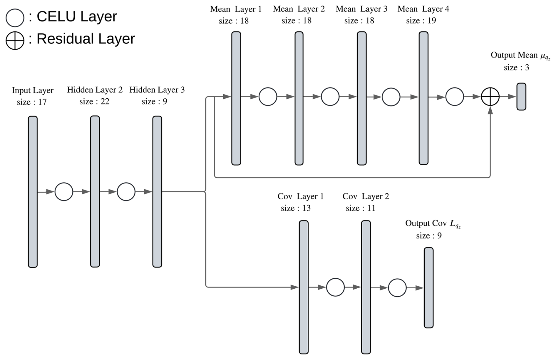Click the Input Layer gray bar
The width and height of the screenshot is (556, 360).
point(33,191)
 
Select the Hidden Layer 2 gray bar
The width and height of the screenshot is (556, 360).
point(95,191)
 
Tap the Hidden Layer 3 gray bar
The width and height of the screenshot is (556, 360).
point(157,191)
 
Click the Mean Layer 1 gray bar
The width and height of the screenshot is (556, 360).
point(236,98)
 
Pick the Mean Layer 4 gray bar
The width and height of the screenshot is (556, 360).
point(423,98)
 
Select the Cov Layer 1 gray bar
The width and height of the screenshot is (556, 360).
point(304,287)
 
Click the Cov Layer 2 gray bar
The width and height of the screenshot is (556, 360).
point(366,287)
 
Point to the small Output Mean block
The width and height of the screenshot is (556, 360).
point(521,97)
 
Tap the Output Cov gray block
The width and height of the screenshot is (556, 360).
point(428,287)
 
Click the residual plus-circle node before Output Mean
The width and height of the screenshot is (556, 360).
point(490,97)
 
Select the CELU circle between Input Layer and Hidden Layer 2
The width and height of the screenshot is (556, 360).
point(64,192)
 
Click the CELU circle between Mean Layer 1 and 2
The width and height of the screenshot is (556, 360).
point(268,97)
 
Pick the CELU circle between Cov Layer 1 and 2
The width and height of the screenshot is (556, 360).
point(335,287)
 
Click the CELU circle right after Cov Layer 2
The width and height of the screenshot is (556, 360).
point(397,288)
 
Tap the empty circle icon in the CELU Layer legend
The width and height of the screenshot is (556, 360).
point(15,18)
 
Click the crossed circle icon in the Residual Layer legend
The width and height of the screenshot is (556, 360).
point(15,40)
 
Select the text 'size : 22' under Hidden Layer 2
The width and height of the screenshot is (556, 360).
point(94,102)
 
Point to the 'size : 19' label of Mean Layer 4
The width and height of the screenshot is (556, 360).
point(421,21)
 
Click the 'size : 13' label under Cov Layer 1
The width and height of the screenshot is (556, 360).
point(296,208)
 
